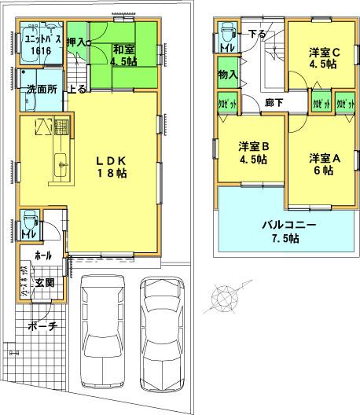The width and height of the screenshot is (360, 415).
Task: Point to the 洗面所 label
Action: click(x=42, y=90)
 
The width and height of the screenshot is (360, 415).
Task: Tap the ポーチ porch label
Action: click(x=42, y=328)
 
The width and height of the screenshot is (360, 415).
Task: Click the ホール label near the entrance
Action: click(x=42, y=256)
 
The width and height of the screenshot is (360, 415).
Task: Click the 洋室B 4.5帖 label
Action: click(x=254, y=152)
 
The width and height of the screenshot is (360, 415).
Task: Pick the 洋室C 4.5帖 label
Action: click(x=323, y=59)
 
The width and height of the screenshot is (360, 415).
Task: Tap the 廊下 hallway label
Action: click(x=273, y=102)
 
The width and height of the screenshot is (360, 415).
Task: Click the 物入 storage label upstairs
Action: click(x=227, y=74)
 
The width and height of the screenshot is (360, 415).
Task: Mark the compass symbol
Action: click(x=226, y=299)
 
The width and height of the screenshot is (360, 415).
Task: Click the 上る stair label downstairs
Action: click(x=79, y=90)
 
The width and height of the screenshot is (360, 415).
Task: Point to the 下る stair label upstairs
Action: click(x=256, y=34)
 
